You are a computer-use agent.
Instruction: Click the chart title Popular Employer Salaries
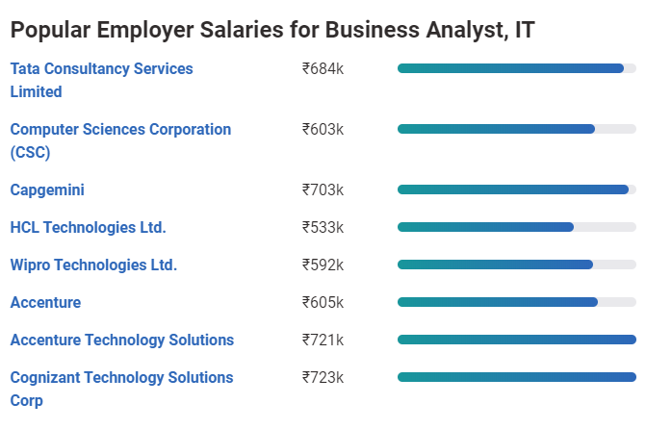coord(272,30)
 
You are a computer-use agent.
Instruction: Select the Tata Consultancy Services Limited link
coord(101,80)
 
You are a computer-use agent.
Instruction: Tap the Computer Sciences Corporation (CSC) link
coord(120,140)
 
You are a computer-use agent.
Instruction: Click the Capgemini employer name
coord(47,190)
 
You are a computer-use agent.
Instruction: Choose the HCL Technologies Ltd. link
coord(88,228)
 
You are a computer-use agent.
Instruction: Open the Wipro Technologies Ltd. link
coord(93,265)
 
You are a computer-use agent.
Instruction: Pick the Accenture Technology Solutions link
coord(121,341)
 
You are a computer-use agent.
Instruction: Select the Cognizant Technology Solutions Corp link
coord(121,389)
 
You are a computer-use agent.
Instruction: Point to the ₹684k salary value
coord(323,69)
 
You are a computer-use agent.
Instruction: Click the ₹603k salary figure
coord(323,130)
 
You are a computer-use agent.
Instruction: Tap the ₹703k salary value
coord(323,190)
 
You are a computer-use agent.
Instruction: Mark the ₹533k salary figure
coord(323,228)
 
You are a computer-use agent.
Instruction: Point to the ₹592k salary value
coord(323,265)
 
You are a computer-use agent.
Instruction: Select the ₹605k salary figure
coord(323,303)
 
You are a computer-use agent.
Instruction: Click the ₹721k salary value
coord(323,341)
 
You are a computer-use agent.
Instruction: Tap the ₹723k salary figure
coord(323,378)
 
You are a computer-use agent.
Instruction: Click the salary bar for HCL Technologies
coord(485,227)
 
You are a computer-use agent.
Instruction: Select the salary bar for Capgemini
coord(512,189)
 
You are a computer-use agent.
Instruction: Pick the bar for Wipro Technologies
coord(495,265)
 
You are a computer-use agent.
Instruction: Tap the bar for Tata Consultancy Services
coord(510,68)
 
